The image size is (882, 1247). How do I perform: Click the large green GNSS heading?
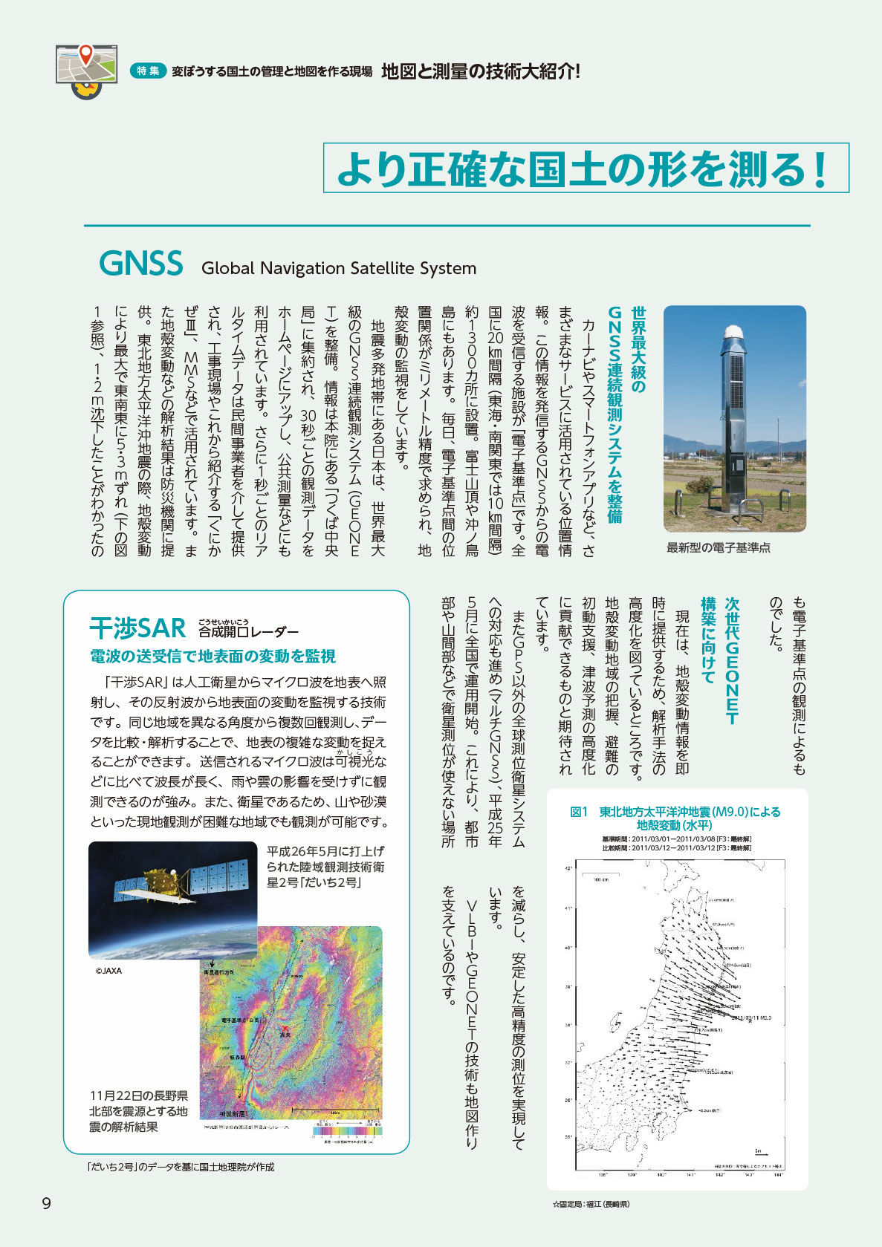coord(141,264)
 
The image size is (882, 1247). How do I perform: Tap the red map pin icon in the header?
coord(86,53)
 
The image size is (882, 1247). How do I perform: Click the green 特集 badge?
coord(148,71)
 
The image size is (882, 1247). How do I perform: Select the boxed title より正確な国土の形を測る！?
coord(586,169)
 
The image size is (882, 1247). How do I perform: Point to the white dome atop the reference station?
coord(735,331)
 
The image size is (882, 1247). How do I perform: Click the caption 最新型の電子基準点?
coord(718,547)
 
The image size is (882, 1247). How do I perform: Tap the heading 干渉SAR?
coord(137,628)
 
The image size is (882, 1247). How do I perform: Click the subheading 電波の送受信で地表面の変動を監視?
coord(213,657)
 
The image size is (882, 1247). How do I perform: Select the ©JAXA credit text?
coord(108,971)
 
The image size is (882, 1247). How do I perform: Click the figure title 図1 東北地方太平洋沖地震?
coord(675,818)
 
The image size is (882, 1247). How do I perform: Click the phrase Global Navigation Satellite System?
coord(339,268)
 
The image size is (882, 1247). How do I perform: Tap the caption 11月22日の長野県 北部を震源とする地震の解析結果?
coord(139,1111)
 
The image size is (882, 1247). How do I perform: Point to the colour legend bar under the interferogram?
coord(347,1131)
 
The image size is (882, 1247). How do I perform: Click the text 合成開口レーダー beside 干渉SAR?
coord(248,632)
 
